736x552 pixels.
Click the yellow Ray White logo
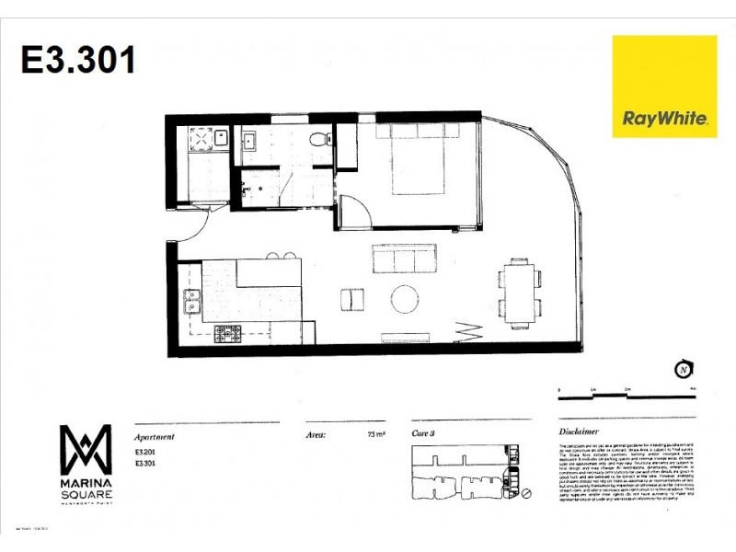point(664,86)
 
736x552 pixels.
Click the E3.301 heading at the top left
point(78,60)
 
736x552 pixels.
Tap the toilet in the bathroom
point(316,140)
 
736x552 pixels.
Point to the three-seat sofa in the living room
point(404,259)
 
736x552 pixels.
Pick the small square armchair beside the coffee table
point(351,300)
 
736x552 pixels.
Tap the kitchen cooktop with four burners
point(228,334)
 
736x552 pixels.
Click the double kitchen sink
point(192,300)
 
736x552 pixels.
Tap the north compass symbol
point(683,370)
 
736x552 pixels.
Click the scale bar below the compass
point(626,397)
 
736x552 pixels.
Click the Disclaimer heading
point(580,431)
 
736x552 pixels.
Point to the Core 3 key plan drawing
point(469,472)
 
